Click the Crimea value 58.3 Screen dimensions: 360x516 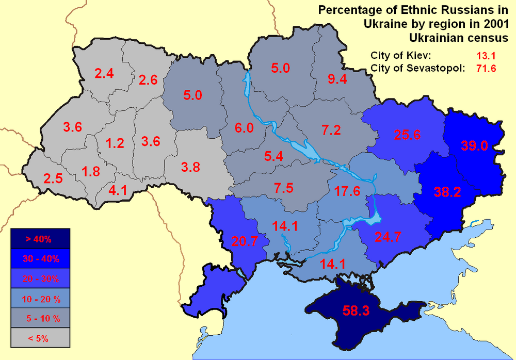356,310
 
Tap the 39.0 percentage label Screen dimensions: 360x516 474,145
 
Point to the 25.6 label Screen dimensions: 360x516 408,135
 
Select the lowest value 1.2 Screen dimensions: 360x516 115,143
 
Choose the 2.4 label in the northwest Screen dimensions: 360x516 104,74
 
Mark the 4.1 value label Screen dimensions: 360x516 118,190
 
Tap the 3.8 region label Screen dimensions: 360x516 190,167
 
